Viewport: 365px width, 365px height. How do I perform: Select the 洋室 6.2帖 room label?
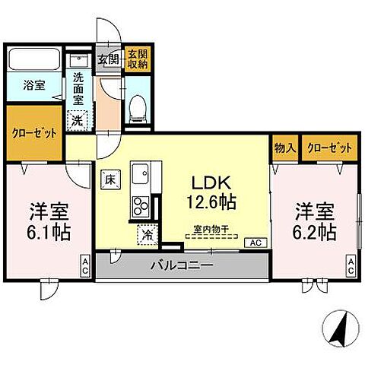[315, 221]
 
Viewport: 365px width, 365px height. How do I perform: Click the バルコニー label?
[181, 266]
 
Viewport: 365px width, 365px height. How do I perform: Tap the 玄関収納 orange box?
[138, 59]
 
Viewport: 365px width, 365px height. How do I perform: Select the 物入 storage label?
[284, 148]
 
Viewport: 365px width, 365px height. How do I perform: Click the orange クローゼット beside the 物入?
[328, 148]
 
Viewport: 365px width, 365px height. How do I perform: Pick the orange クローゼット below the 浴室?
[35, 133]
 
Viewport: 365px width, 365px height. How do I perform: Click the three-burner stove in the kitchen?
[141, 205]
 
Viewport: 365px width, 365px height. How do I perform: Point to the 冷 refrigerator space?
[146, 236]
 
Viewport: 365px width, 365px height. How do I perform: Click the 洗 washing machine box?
[78, 119]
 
